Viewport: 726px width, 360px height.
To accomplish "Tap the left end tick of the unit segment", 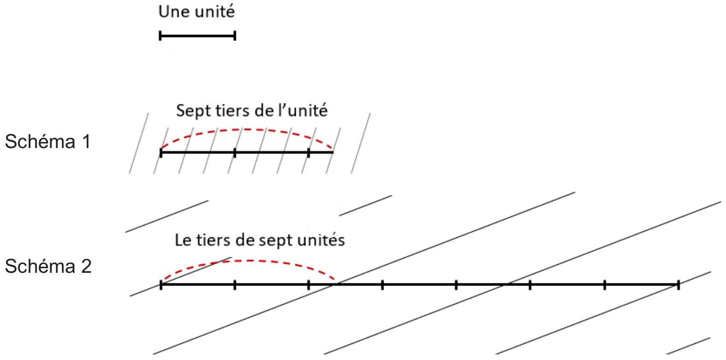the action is point(160,35).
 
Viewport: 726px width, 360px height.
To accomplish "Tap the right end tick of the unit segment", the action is point(235,35).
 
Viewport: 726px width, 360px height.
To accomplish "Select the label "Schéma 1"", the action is point(48,141).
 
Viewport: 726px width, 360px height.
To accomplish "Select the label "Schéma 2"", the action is point(48,266).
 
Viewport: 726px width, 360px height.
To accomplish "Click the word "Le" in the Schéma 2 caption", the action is point(181,240).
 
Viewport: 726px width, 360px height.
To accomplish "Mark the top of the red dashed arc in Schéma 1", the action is point(247,129).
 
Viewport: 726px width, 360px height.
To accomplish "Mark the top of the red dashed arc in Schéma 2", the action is point(248,260).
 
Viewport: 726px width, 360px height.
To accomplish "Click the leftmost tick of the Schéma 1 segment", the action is point(161,152).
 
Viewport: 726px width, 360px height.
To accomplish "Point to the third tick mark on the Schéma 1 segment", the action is point(308,152).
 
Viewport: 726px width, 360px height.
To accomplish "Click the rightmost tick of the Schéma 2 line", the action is point(678,285).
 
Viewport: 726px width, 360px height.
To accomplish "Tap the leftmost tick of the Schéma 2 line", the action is point(161,285).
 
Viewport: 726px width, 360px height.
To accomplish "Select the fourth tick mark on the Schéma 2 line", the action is point(383,285).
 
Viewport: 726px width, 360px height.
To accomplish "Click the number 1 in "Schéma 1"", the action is point(87,142).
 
